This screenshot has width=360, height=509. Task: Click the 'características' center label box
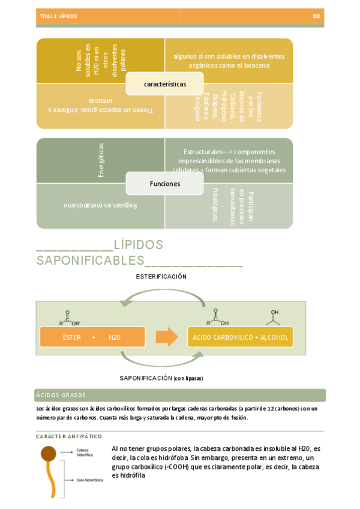(x=164, y=84)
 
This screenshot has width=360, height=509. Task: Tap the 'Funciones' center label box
(x=164, y=184)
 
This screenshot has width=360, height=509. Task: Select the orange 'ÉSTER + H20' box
(x=92, y=337)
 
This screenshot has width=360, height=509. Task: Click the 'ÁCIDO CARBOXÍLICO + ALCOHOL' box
(x=240, y=337)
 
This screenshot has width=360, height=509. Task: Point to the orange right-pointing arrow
(x=166, y=337)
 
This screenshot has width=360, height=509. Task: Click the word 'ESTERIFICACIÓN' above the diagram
(x=161, y=277)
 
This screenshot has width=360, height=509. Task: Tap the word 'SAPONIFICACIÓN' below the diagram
(x=146, y=378)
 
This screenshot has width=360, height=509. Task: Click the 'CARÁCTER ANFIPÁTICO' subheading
(x=69, y=436)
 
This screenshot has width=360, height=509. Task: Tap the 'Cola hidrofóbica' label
(x=89, y=480)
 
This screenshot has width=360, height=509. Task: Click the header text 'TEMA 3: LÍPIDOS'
(x=58, y=17)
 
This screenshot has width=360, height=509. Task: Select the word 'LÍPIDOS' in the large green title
(x=138, y=245)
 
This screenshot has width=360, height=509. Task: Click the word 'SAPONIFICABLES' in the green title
(x=90, y=261)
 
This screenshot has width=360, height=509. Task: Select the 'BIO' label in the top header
(x=316, y=17)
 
